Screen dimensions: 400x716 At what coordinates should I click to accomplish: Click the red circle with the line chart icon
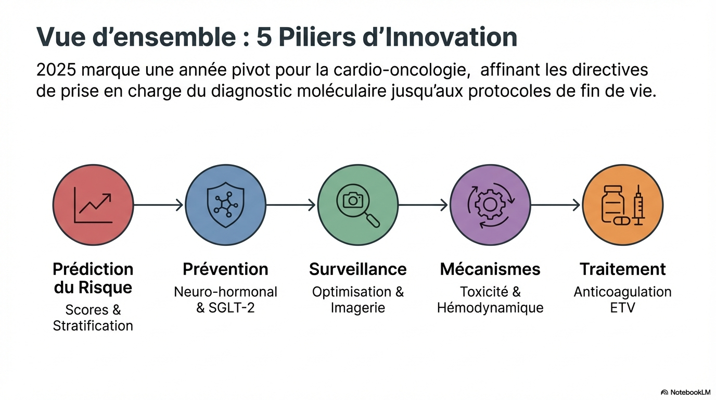click(x=93, y=205)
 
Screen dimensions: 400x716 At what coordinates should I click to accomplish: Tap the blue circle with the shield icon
click(x=225, y=205)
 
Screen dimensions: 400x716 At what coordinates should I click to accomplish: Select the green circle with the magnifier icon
click(x=358, y=205)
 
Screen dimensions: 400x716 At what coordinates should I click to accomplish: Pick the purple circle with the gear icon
click(x=490, y=205)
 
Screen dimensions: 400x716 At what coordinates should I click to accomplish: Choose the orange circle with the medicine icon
click(x=622, y=205)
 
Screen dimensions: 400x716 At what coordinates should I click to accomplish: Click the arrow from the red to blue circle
click(x=159, y=205)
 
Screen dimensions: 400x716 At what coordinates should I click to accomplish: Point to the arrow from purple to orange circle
click(x=555, y=205)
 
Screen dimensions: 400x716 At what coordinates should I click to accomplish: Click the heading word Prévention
click(x=225, y=269)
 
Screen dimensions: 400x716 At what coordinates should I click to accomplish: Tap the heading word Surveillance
click(x=358, y=269)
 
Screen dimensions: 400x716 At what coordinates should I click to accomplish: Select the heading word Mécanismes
click(x=490, y=269)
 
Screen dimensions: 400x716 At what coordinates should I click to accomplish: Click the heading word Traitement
click(x=622, y=269)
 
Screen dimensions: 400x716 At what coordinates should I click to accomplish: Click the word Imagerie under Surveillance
click(x=358, y=308)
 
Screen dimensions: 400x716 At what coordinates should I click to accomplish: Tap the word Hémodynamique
click(x=490, y=308)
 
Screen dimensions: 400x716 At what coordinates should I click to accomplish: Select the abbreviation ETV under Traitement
click(x=622, y=308)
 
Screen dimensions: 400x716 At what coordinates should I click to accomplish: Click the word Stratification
click(x=93, y=326)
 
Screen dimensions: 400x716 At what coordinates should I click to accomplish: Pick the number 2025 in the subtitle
click(x=56, y=70)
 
